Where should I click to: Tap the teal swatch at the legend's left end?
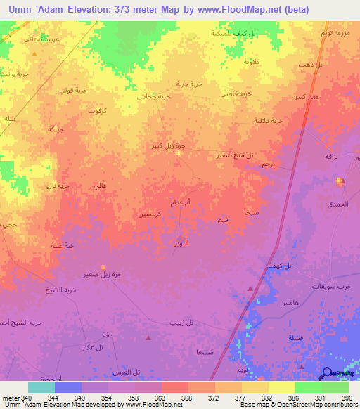(x=41, y=387)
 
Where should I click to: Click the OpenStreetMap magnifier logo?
(x=328, y=374)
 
